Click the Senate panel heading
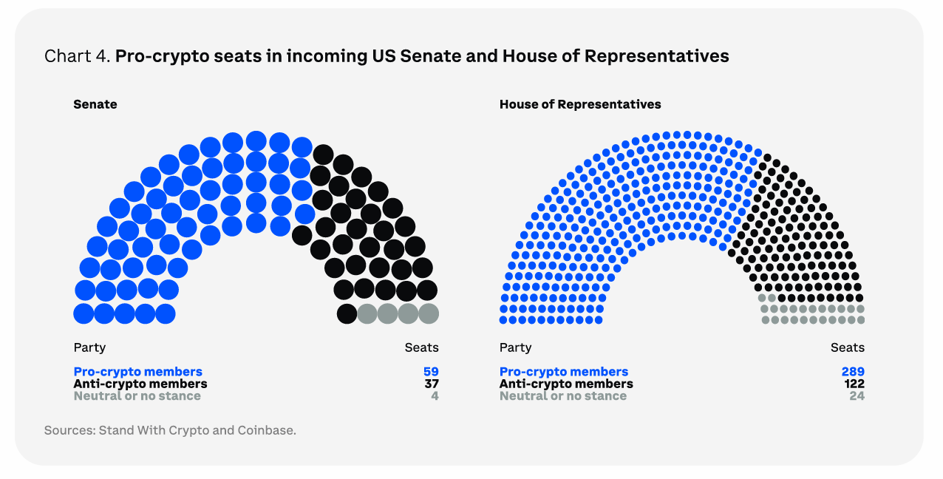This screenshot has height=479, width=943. tap(95, 104)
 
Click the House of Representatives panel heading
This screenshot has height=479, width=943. tap(580, 104)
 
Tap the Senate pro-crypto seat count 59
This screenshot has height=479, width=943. tap(431, 372)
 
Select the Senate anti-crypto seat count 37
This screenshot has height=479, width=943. tap(431, 384)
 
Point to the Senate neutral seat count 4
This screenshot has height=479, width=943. tap(435, 395)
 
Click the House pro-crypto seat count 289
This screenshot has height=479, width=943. tap(852, 372)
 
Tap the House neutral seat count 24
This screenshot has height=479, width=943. tap(857, 395)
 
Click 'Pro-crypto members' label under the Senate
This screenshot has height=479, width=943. tap(137, 372)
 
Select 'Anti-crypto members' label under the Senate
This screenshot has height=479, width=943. tap(140, 384)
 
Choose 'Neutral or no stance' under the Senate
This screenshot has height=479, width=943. tap(137, 395)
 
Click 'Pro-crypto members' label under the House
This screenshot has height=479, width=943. tap(563, 372)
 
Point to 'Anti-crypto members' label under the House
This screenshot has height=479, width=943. tap(566, 384)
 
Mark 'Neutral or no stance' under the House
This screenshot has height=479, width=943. tap(562, 395)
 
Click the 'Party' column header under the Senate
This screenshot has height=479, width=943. tap(89, 347)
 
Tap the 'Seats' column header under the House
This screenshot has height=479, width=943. tap(847, 347)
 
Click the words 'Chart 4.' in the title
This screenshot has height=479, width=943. tap(76, 56)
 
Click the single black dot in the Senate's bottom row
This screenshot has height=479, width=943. tap(347, 313)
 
